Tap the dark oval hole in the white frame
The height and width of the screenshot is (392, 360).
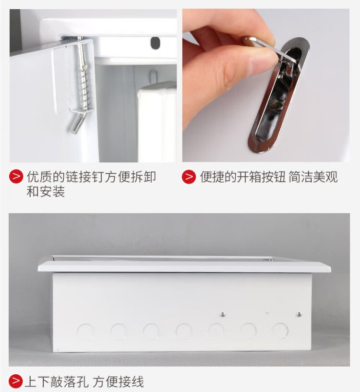[155, 43]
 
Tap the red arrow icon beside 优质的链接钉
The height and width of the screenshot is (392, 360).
[16, 176]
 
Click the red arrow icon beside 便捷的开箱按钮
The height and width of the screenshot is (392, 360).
[189, 177]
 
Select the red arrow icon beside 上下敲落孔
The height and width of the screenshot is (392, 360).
[15, 381]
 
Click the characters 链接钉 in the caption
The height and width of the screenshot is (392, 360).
[85, 177]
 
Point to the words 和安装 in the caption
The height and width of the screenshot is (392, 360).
[46, 192]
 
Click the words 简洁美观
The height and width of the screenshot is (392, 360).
[313, 177]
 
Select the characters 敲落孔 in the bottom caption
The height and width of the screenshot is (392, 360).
[70, 381]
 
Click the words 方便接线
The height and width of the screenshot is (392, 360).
[118, 381]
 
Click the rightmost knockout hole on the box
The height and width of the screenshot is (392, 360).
[280, 331]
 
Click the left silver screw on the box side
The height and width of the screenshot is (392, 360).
[222, 314]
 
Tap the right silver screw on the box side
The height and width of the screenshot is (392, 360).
[299, 314]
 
